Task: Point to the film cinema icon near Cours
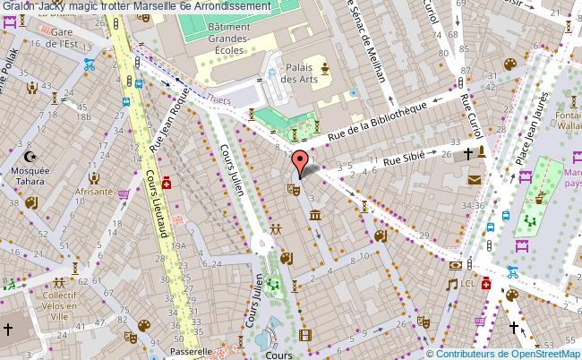click(308, 335)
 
